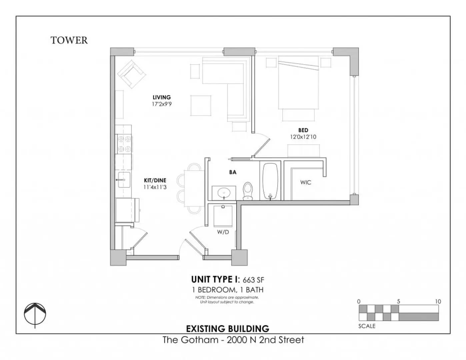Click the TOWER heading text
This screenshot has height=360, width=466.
pos(69,40)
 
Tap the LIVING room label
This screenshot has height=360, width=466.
pos(162,97)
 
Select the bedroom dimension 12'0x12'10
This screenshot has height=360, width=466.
pos(303,137)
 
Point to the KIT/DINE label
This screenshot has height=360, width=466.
pos(155,180)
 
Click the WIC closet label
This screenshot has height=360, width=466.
pos(306,182)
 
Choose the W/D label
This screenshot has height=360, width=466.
pos(223,232)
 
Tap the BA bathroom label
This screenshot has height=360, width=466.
pos(233,172)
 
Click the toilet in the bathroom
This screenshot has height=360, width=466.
pos(248,191)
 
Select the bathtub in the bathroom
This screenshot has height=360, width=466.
pos(270,181)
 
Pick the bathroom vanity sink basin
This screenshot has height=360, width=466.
pos(224,193)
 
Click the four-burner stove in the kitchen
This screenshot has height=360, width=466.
pos(124,144)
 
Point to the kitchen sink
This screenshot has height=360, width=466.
pos(124,180)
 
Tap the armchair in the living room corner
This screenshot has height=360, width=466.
pos(132,74)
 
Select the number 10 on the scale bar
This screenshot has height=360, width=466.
pos(438,301)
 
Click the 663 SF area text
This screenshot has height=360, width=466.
pos(253,280)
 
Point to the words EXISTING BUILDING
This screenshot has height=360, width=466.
pos(228,329)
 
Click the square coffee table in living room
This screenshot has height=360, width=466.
pos(201,105)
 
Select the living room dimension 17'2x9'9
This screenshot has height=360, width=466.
pos(162,104)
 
